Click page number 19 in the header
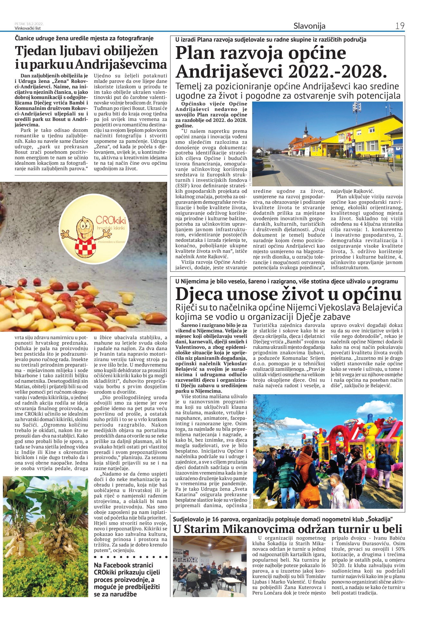coord(400,26)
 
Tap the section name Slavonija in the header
coord(309,26)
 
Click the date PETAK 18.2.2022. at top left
coord(29,24)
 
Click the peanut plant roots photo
coord(45,536)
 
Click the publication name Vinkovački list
coord(28,28)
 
